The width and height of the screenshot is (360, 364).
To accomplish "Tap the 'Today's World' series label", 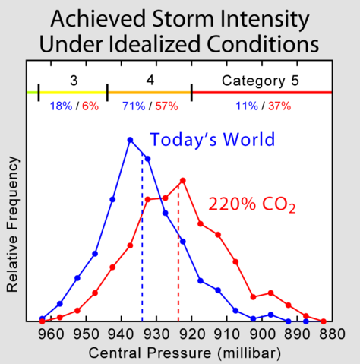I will click(x=212, y=140).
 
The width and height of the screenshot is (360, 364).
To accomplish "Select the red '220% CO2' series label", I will click(x=252, y=204).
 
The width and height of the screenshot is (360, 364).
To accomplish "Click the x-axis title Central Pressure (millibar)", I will click(x=180, y=353).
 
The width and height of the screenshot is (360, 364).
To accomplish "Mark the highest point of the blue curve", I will click(x=130, y=140).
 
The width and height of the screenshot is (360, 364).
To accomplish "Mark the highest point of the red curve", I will click(x=183, y=181).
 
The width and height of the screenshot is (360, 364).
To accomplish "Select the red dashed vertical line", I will click(x=178, y=258).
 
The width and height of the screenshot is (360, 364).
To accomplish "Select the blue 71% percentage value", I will click(x=133, y=106).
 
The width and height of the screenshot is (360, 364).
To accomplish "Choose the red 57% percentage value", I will click(x=166, y=106).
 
